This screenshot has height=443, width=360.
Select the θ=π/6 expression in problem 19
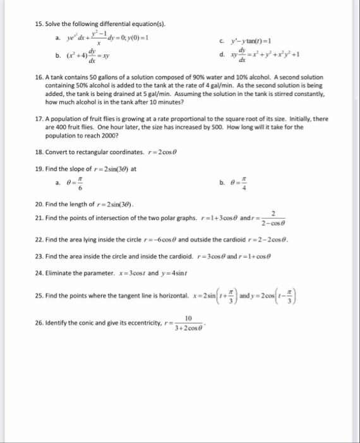pos(78,183)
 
